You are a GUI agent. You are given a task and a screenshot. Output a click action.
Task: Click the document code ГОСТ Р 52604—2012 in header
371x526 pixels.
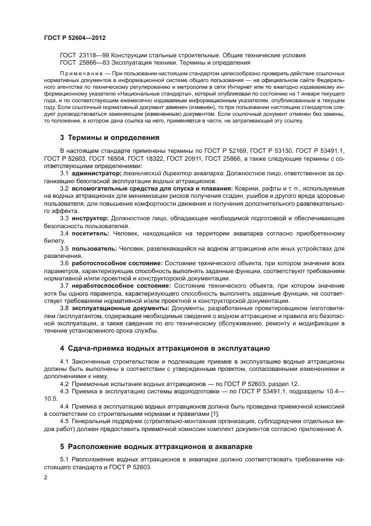coord(75,38)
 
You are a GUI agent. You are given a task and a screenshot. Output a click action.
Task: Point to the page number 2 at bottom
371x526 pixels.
coord(45,478)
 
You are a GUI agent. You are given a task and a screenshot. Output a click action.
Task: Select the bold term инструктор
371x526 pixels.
coord(90,217)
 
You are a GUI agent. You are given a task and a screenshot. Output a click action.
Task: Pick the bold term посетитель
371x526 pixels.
coord(90,232)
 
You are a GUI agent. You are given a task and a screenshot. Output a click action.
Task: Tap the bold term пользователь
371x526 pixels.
coord(94,247)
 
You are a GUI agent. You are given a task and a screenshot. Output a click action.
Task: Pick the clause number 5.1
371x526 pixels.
coord(64,460)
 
